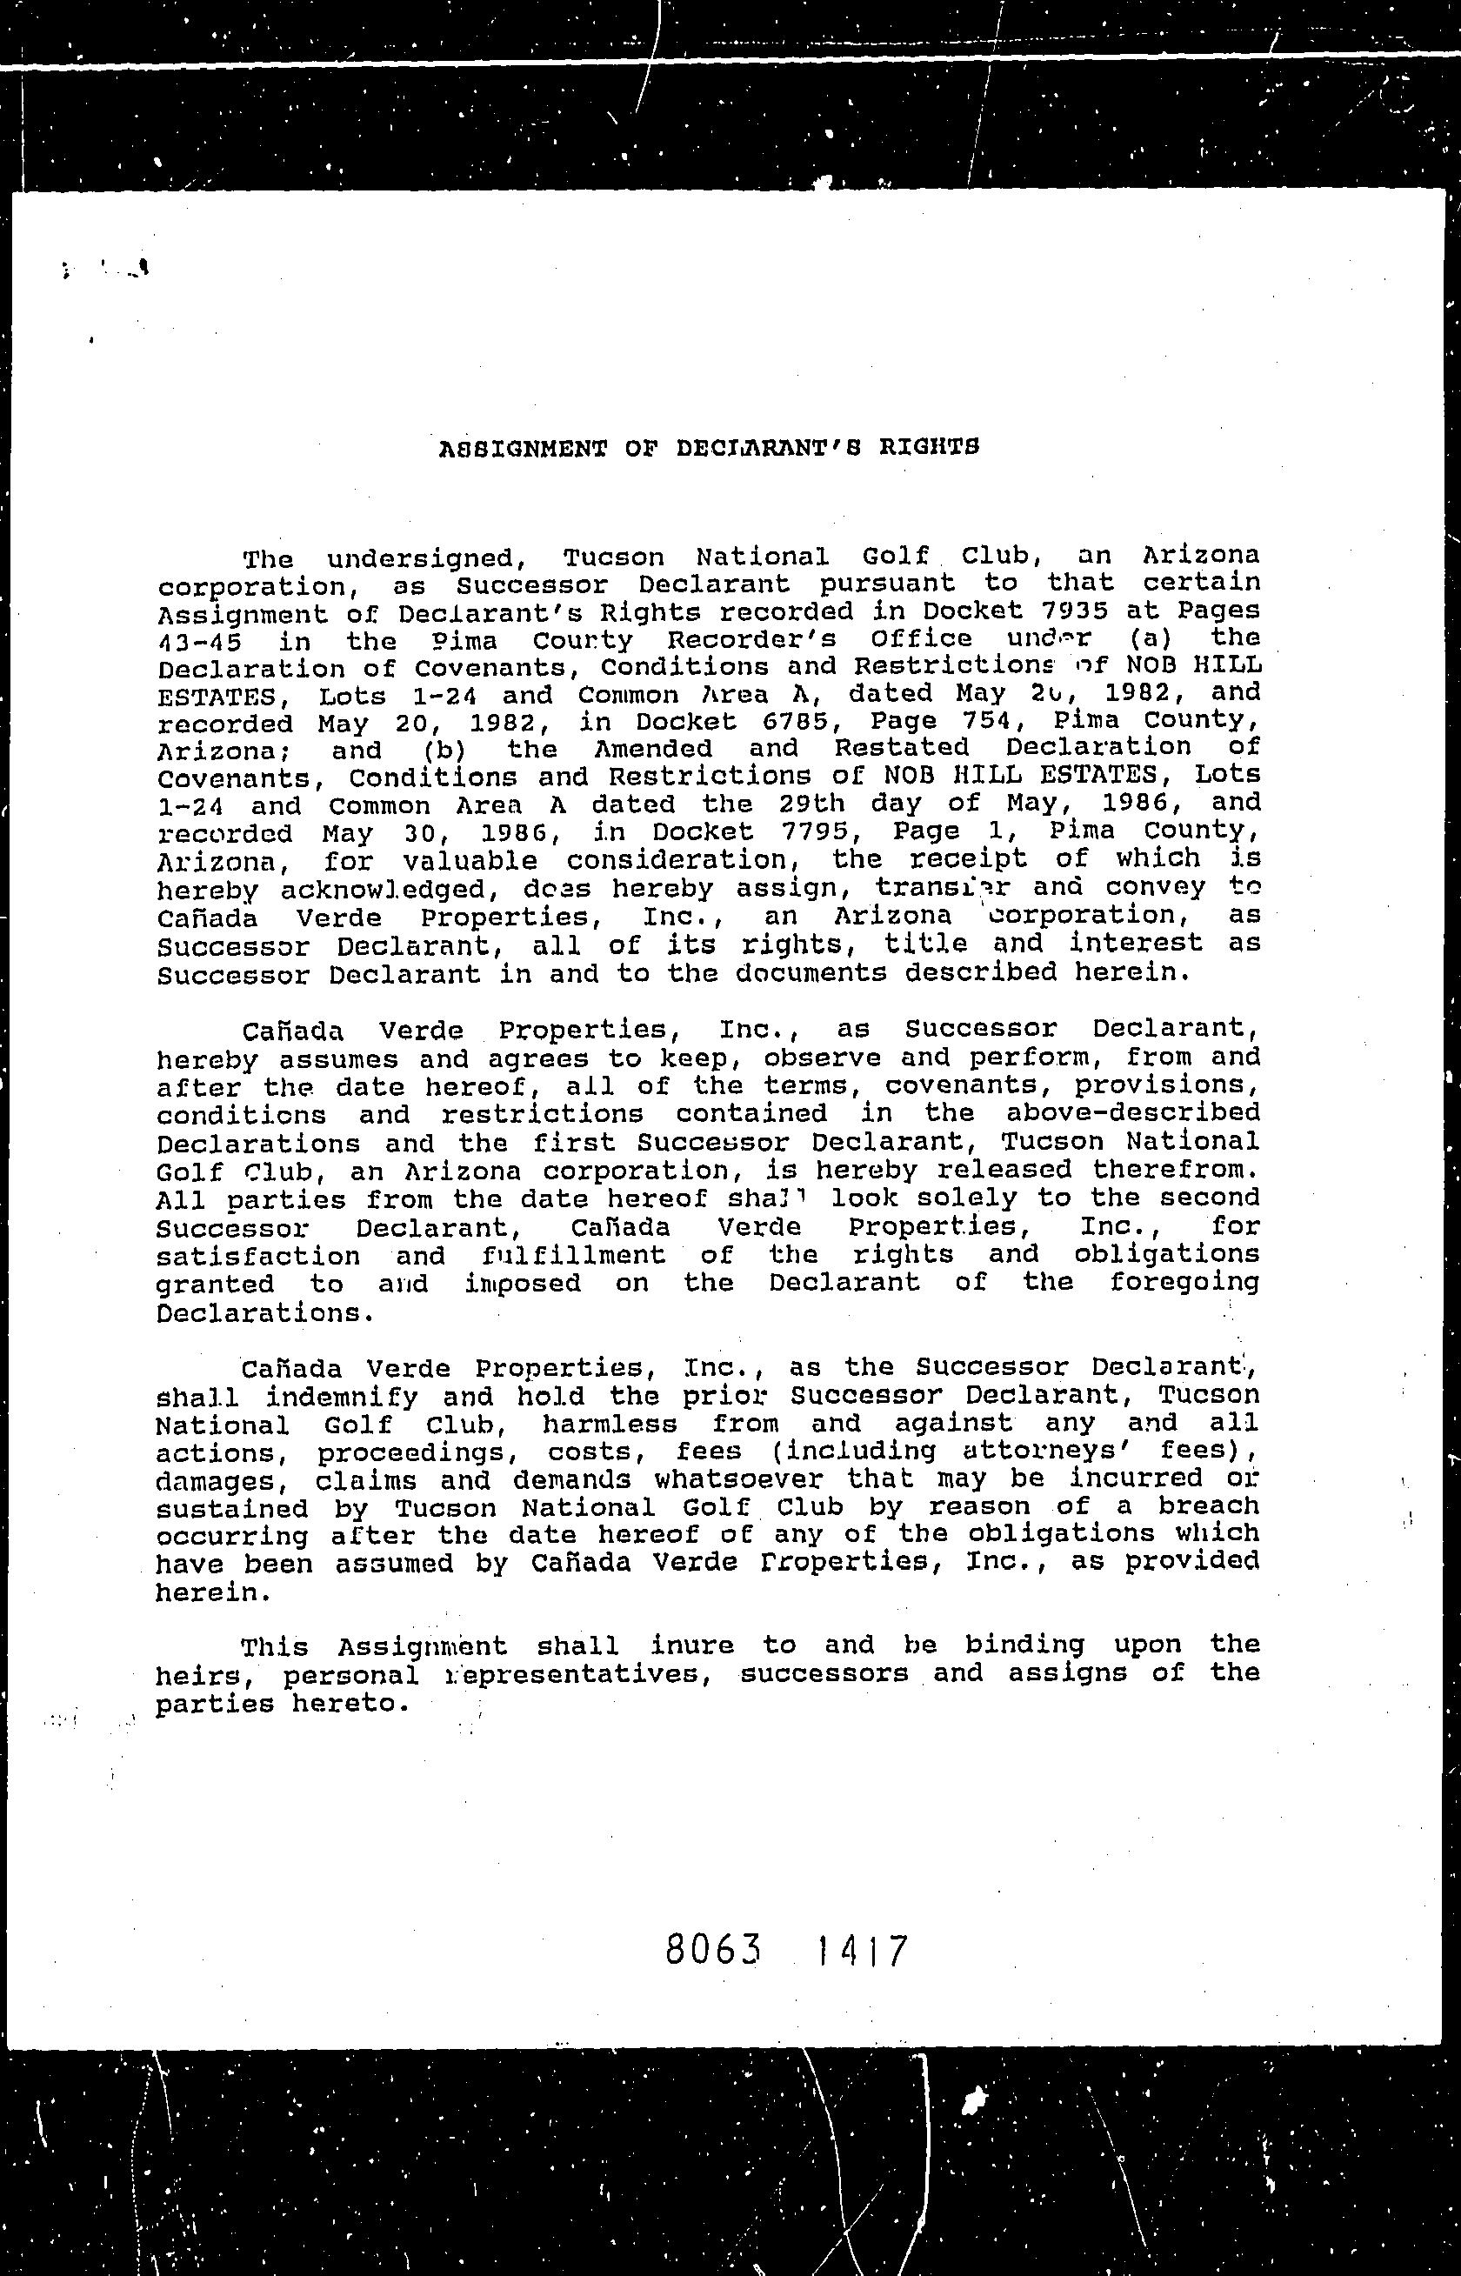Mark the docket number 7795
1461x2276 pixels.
[x=800, y=832]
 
